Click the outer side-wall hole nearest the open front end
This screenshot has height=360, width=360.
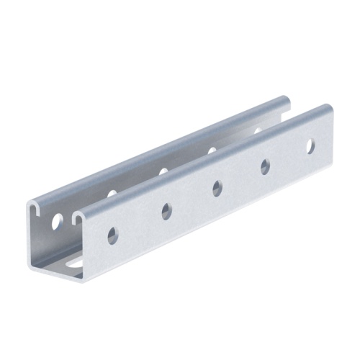(112, 235)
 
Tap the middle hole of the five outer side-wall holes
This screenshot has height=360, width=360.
(217, 189)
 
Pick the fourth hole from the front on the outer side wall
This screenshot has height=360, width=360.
(265, 166)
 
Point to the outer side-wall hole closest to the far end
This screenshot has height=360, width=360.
(310, 146)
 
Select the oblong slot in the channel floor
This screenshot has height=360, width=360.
(75, 264)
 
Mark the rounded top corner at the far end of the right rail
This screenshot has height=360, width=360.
(328, 107)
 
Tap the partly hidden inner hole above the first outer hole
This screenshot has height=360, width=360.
(112, 194)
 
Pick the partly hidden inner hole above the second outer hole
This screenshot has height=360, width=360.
(163, 171)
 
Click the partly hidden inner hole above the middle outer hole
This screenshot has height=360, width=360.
(212, 150)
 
